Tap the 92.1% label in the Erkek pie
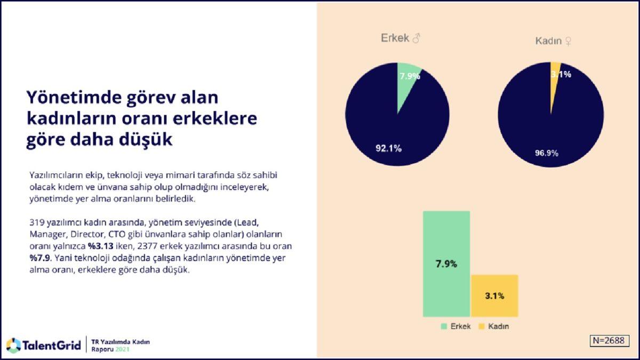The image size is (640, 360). [388, 148]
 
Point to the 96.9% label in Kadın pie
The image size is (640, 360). [546, 153]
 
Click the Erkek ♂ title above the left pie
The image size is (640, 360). [401, 38]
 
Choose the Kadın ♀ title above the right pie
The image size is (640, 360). [554, 41]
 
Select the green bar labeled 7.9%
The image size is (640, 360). [446, 264]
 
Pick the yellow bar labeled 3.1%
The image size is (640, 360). [494, 295]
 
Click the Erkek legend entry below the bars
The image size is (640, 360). [455, 326]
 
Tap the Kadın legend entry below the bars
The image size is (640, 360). [493, 326]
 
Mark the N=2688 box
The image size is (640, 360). [610, 341]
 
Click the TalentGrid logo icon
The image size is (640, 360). [13, 345]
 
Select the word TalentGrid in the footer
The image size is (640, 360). [52, 345]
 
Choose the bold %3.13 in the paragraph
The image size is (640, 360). [101, 247]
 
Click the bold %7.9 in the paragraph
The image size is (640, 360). [39, 259]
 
